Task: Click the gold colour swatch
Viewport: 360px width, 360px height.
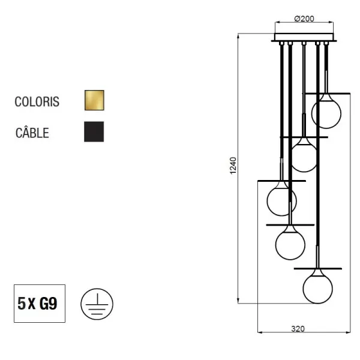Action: coord(94,100)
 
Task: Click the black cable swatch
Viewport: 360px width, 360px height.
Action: coord(94,132)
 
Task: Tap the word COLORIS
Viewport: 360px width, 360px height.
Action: coord(37,101)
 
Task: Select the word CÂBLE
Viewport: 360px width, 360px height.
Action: coord(32,133)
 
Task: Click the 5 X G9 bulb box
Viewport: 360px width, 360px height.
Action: coord(40,304)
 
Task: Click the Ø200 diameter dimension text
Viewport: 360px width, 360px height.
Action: coord(304,19)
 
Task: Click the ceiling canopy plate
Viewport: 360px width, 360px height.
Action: coord(304,40)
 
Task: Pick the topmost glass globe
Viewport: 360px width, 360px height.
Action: coord(326,113)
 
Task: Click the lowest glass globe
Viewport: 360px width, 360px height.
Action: coord(317,289)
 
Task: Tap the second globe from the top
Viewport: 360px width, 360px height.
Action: coord(304,157)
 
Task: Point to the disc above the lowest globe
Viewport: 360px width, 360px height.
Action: coord(317,269)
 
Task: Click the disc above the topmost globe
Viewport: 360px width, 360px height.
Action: coord(326,93)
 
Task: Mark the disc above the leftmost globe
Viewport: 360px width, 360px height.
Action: coord(281,181)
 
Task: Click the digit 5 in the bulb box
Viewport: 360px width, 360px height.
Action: coord(22,304)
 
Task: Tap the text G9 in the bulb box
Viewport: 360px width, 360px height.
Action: coord(48,304)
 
